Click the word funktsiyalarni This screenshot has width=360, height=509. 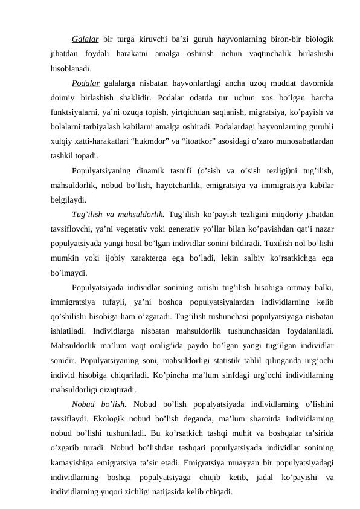pyautogui.click(x=71, y=111)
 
